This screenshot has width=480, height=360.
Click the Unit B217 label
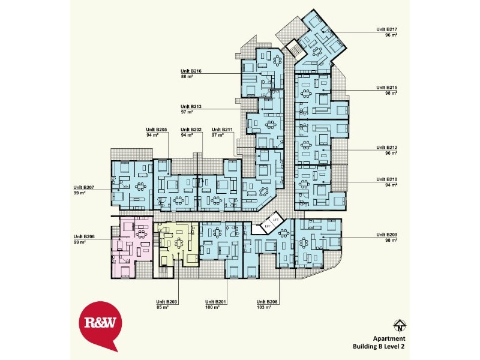[x=387, y=29]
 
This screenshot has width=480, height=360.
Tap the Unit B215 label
[x=387, y=88]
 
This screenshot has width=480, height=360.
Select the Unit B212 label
[x=387, y=147]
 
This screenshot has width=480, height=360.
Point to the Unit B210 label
[x=387, y=179]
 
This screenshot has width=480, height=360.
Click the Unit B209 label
[x=387, y=235]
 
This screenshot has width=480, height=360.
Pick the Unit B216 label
[x=191, y=71]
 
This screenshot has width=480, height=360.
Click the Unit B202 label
[x=191, y=130]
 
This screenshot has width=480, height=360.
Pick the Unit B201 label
[x=215, y=302]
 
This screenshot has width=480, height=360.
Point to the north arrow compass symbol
[x=398, y=326]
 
